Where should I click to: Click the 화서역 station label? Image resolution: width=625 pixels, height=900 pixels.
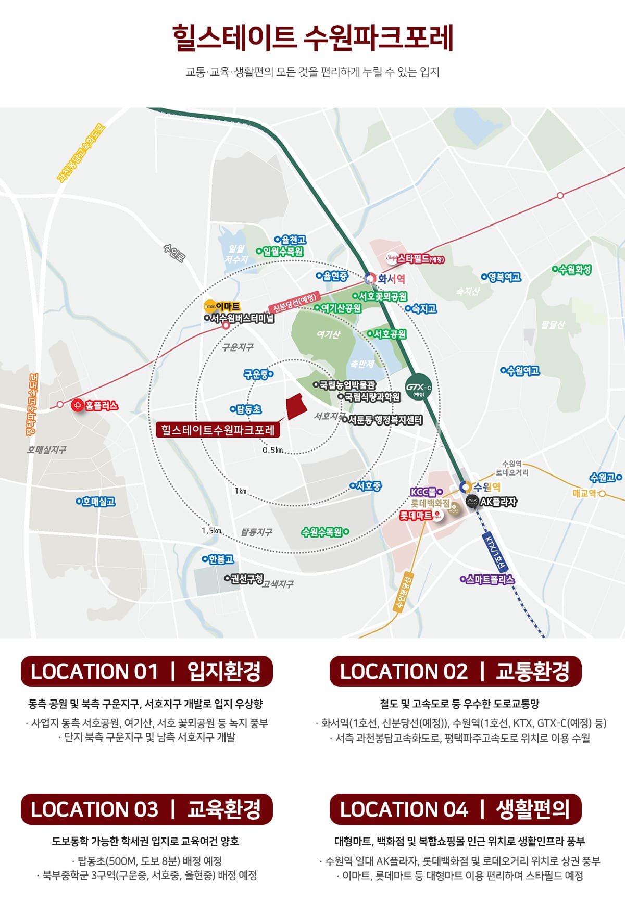(x=391, y=279)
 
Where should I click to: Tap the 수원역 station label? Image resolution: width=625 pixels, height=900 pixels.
(x=487, y=487)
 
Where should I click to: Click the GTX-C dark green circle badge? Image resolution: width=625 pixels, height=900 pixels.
(x=419, y=387)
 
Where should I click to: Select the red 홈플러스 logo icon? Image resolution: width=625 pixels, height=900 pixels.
(x=78, y=405)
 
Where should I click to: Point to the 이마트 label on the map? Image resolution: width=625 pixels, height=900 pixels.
(x=228, y=306)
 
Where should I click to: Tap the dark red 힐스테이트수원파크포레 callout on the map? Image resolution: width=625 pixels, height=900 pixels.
(x=218, y=430)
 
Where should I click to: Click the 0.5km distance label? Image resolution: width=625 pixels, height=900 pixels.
(x=272, y=450)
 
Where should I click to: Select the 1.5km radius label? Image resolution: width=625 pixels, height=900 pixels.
(x=211, y=530)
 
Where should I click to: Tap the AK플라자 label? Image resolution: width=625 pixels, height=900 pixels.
(x=498, y=502)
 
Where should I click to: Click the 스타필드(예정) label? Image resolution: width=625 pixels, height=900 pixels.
(x=421, y=258)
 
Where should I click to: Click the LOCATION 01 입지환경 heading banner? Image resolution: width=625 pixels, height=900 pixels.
(x=146, y=671)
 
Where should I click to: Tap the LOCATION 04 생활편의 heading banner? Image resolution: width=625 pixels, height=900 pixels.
(x=455, y=809)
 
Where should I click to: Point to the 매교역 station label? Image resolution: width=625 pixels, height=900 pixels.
(x=584, y=493)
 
